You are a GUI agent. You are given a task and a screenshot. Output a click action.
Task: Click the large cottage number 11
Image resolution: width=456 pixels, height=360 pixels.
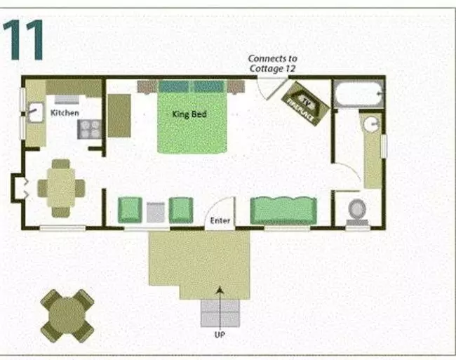coord(23,40)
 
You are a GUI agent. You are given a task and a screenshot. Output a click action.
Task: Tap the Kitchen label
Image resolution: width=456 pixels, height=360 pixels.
coord(65,112)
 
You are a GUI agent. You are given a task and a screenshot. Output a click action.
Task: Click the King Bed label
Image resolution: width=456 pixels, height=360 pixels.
coord(189,114)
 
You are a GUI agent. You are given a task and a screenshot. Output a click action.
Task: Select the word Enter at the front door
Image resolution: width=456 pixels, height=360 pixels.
coord(220,220)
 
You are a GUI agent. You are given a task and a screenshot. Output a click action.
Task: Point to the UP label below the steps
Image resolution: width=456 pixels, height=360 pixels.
coord(220,335)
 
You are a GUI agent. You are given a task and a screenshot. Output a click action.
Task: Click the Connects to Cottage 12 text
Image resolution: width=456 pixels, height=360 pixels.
coord(272,63)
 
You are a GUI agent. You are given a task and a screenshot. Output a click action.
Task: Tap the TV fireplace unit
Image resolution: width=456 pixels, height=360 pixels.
coord(305,104)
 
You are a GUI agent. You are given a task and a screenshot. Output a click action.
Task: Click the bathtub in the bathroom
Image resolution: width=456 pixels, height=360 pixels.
coord(358,93)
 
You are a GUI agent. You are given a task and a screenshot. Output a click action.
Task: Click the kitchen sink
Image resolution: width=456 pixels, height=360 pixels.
coord(35,112)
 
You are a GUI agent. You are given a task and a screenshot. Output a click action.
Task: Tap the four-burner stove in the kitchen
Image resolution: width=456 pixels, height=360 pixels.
coord(89,129)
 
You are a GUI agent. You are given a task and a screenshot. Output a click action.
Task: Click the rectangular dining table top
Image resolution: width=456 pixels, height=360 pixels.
coord(61,187)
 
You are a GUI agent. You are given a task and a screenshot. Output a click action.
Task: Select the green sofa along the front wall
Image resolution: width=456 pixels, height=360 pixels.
coord(283,211)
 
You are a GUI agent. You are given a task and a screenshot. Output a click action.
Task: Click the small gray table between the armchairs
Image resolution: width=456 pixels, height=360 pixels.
coord(156,212)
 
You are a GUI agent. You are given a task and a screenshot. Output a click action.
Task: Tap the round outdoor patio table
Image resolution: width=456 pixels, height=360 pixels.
coord(67,316)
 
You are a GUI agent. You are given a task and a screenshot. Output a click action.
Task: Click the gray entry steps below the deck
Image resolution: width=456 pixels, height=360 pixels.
coord(220,313)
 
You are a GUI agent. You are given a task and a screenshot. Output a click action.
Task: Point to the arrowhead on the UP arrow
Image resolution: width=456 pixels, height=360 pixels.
coord(220,290)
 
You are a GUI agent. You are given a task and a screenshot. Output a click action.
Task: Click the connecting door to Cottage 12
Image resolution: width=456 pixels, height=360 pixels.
coord(272,88)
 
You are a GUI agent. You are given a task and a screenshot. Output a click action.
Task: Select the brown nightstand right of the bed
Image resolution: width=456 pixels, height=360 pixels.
coord(236,87)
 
